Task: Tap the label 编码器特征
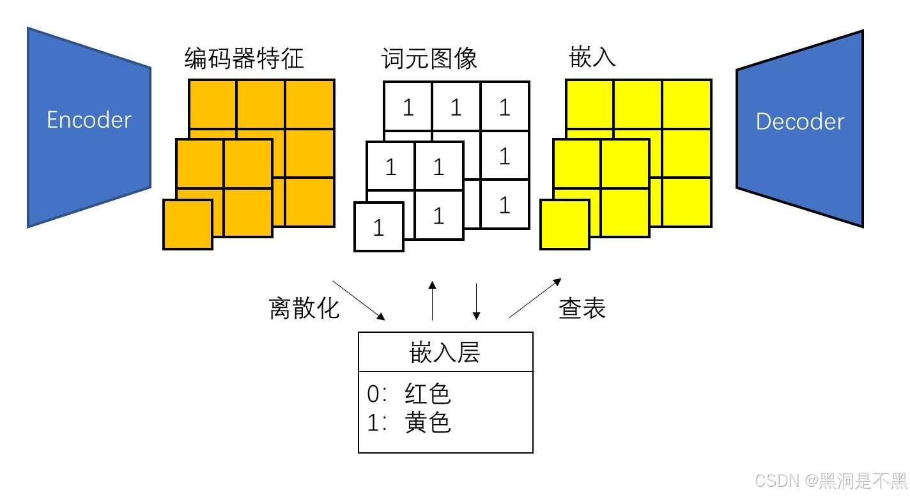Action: coord(244,59)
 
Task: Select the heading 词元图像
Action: coord(429,59)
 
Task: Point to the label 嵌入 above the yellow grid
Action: coord(592,57)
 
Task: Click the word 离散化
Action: coord(304,309)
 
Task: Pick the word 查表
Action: coord(582,309)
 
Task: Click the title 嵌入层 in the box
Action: coord(445,353)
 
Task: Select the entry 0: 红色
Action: coord(409,394)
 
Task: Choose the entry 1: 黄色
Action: coord(409,422)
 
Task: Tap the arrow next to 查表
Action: coord(535,298)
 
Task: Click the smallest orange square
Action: coord(188,224)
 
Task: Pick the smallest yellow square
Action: coord(565,224)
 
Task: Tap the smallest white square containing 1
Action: coord(379,227)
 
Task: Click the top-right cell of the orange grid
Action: coord(310,104)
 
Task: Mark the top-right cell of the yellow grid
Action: coord(687,104)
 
